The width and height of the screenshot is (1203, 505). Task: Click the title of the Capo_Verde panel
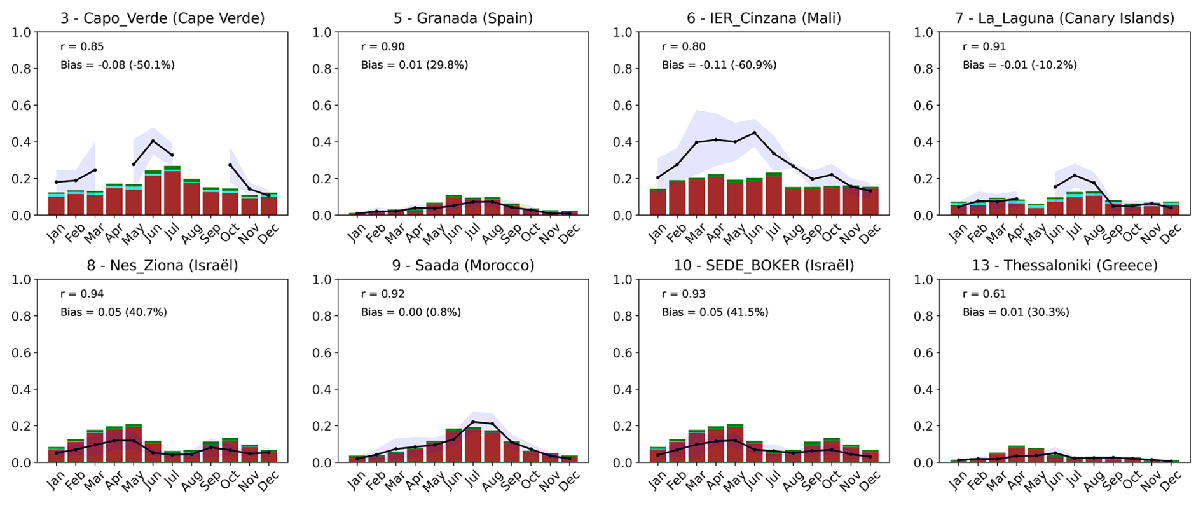pyautogui.click(x=162, y=18)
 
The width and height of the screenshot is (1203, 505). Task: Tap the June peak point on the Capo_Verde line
pyautogui.click(x=153, y=141)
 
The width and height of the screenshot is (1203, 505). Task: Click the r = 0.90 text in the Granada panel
pyautogui.click(x=383, y=46)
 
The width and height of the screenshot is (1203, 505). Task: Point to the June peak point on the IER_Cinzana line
pyautogui.click(x=754, y=133)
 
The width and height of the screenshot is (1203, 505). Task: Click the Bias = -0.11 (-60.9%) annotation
pyautogui.click(x=718, y=65)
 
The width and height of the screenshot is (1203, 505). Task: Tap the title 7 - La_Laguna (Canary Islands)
pyautogui.click(x=1064, y=18)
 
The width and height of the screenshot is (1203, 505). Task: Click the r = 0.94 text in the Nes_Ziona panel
pyautogui.click(x=82, y=294)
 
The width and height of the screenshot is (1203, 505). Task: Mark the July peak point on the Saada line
pyautogui.click(x=472, y=422)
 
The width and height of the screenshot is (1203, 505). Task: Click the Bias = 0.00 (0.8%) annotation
pyautogui.click(x=411, y=312)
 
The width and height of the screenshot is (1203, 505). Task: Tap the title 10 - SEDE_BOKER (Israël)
pyautogui.click(x=764, y=265)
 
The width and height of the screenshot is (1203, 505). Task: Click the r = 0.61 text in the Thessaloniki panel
pyautogui.click(x=984, y=294)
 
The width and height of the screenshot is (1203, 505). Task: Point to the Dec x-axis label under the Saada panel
pyautogui.click(x=569, y=480)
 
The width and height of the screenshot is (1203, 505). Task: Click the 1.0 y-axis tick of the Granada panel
pyautogui.click(x=322, y=32)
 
